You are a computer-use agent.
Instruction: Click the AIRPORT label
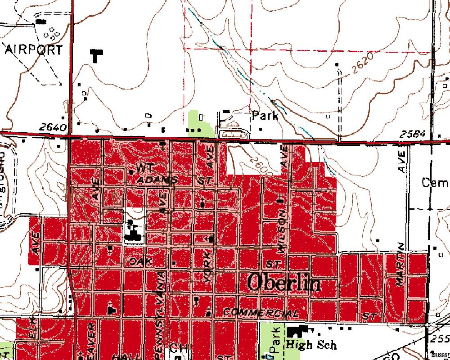pos(34,49)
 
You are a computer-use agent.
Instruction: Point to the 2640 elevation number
pos(53,127)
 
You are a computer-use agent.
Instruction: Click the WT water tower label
pos(145,168)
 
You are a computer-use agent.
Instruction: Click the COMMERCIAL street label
pos(261,313)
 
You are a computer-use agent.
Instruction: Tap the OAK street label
pos(140,261)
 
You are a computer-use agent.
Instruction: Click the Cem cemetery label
pos(435,183)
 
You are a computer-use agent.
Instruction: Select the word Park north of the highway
pos(265,115)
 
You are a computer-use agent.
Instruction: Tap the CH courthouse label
pos(177,348)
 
